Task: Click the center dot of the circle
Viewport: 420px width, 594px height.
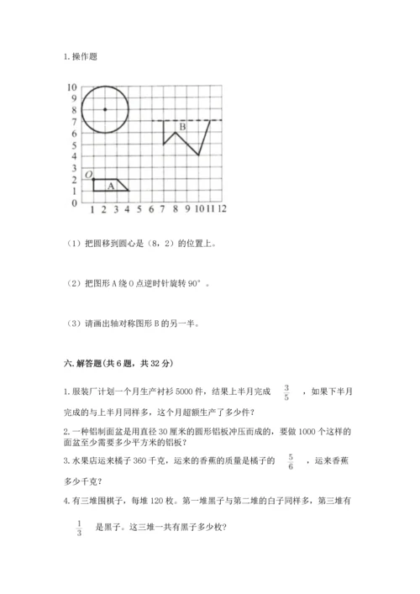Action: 104,110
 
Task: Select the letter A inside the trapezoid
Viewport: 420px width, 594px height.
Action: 110,186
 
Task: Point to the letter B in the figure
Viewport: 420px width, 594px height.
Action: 181,128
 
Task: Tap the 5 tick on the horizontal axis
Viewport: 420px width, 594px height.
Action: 139,208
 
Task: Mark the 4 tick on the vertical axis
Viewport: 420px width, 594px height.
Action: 75,156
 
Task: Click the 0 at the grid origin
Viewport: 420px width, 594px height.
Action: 75,202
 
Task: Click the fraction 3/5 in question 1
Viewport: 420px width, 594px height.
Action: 287,392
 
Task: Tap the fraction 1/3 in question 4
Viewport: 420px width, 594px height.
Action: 79,527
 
